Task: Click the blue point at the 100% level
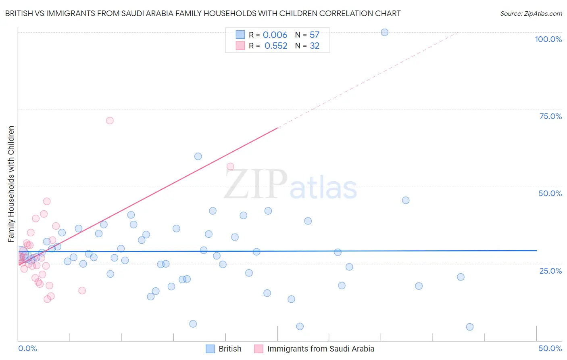click(384, 32)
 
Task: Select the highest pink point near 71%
click(110, 121)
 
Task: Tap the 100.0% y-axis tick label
click(548, 39)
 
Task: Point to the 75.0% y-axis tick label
click(550, 116)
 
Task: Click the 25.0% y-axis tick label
click(550, 270)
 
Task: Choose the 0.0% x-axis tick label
click(27, 348)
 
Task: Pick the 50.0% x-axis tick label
click(550, 348)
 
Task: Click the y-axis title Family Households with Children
click(11, 184)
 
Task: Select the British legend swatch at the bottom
click(210, 349)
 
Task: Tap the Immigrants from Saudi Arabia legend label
click(321, 349)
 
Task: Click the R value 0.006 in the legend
click(275, 35)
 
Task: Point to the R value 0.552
click(276, 46)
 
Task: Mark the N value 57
click(315, 35)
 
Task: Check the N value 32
click(315, 46)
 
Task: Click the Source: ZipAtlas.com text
click(531, 14)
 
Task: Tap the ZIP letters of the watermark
click(255, 184)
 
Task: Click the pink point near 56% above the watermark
click(230, 167)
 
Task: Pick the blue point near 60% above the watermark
click(198, 157)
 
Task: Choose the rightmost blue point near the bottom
click(469, 327)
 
